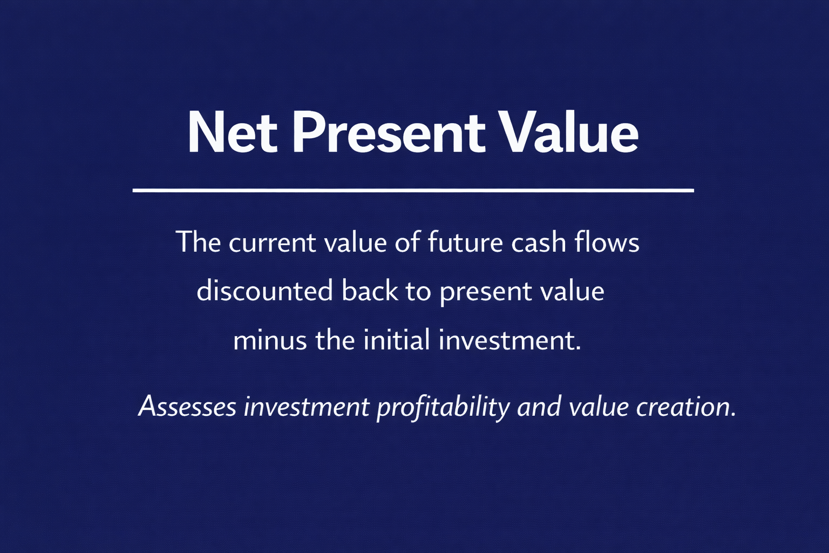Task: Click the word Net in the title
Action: coord(233,133)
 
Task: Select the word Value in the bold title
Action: coord(570,132)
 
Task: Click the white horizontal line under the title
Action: coord(413,191)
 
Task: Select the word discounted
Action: coord(265,291)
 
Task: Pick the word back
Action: coord(370,291)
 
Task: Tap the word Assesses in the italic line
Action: coord(187,407)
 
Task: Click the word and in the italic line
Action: coord(539,407)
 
